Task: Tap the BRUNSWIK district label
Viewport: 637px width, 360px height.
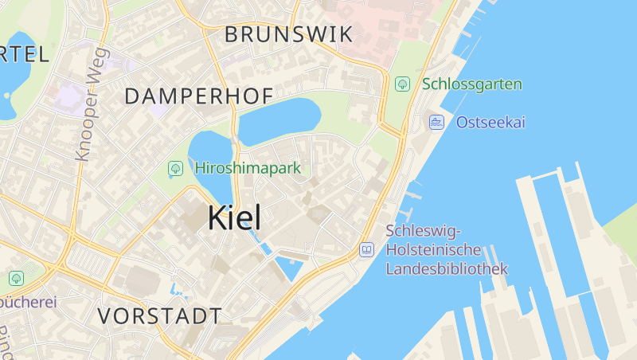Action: (288, 34)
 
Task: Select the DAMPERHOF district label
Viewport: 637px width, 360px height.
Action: (199, 96)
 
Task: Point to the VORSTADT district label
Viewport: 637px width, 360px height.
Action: (159, 315)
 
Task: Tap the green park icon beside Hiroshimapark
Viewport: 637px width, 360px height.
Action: (175, 169)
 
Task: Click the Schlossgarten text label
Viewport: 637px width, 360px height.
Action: (472, 84)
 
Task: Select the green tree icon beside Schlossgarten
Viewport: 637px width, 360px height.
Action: (403, 84)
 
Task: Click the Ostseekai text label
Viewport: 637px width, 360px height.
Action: (490, 123)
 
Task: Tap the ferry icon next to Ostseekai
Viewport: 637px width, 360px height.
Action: (436, 123)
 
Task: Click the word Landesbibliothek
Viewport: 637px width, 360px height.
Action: (446, 269)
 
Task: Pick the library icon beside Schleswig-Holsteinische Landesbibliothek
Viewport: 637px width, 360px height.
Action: (366, 250)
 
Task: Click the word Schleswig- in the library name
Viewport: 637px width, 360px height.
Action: (423, 231)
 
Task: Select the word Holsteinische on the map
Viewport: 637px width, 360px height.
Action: (435, 250)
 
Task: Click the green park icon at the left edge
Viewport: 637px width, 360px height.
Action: (15, 278)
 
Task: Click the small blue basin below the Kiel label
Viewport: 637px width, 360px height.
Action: (289, 267)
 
